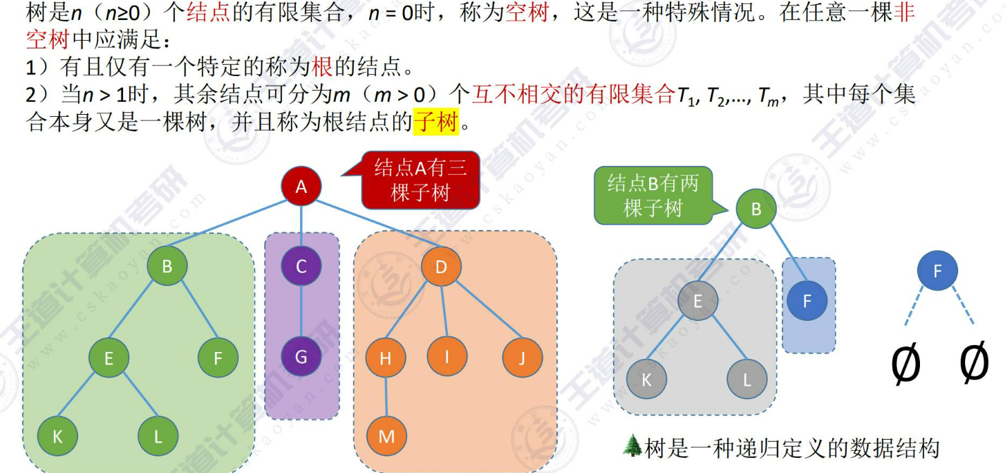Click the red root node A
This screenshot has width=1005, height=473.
click(301, 186)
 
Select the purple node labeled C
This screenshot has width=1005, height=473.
click(301, 266)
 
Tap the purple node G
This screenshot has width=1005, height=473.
click(301, 358)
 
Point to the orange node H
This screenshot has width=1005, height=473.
click(386, 358)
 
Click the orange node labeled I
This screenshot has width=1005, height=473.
click(447, 358)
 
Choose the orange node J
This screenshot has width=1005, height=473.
click(523, 358)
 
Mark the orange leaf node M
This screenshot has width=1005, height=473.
click(386, 436)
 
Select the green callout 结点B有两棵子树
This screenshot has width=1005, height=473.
click(652, 195)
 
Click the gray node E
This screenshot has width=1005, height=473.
click(697, 301)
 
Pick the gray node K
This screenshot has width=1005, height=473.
click(647, 380)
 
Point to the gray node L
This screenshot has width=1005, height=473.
click(747, 380)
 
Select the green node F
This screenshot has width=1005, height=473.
click(218, 358)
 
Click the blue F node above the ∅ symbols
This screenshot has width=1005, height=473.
click(937, 271)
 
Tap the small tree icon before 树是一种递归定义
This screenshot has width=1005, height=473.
click(632, 447)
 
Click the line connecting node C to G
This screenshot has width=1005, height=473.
click(301, 312)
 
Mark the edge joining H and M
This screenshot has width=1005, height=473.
click(386, 397)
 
